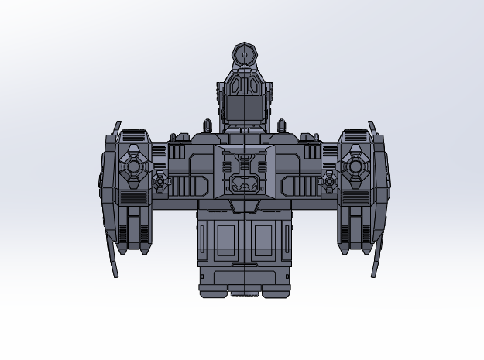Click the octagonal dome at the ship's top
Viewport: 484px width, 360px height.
point(244,55)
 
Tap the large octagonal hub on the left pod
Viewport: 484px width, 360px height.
point(134,165)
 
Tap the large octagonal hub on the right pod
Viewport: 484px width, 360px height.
point(355,165)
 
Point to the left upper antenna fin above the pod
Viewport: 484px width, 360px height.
point(117,128)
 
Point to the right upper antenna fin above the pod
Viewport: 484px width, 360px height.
point(372,128)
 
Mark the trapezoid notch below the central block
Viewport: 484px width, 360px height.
point(244,206)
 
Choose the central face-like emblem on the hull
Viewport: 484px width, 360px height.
point(244,173)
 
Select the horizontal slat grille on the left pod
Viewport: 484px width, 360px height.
point(134,198)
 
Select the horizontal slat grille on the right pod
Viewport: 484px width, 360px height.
point(355,198)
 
